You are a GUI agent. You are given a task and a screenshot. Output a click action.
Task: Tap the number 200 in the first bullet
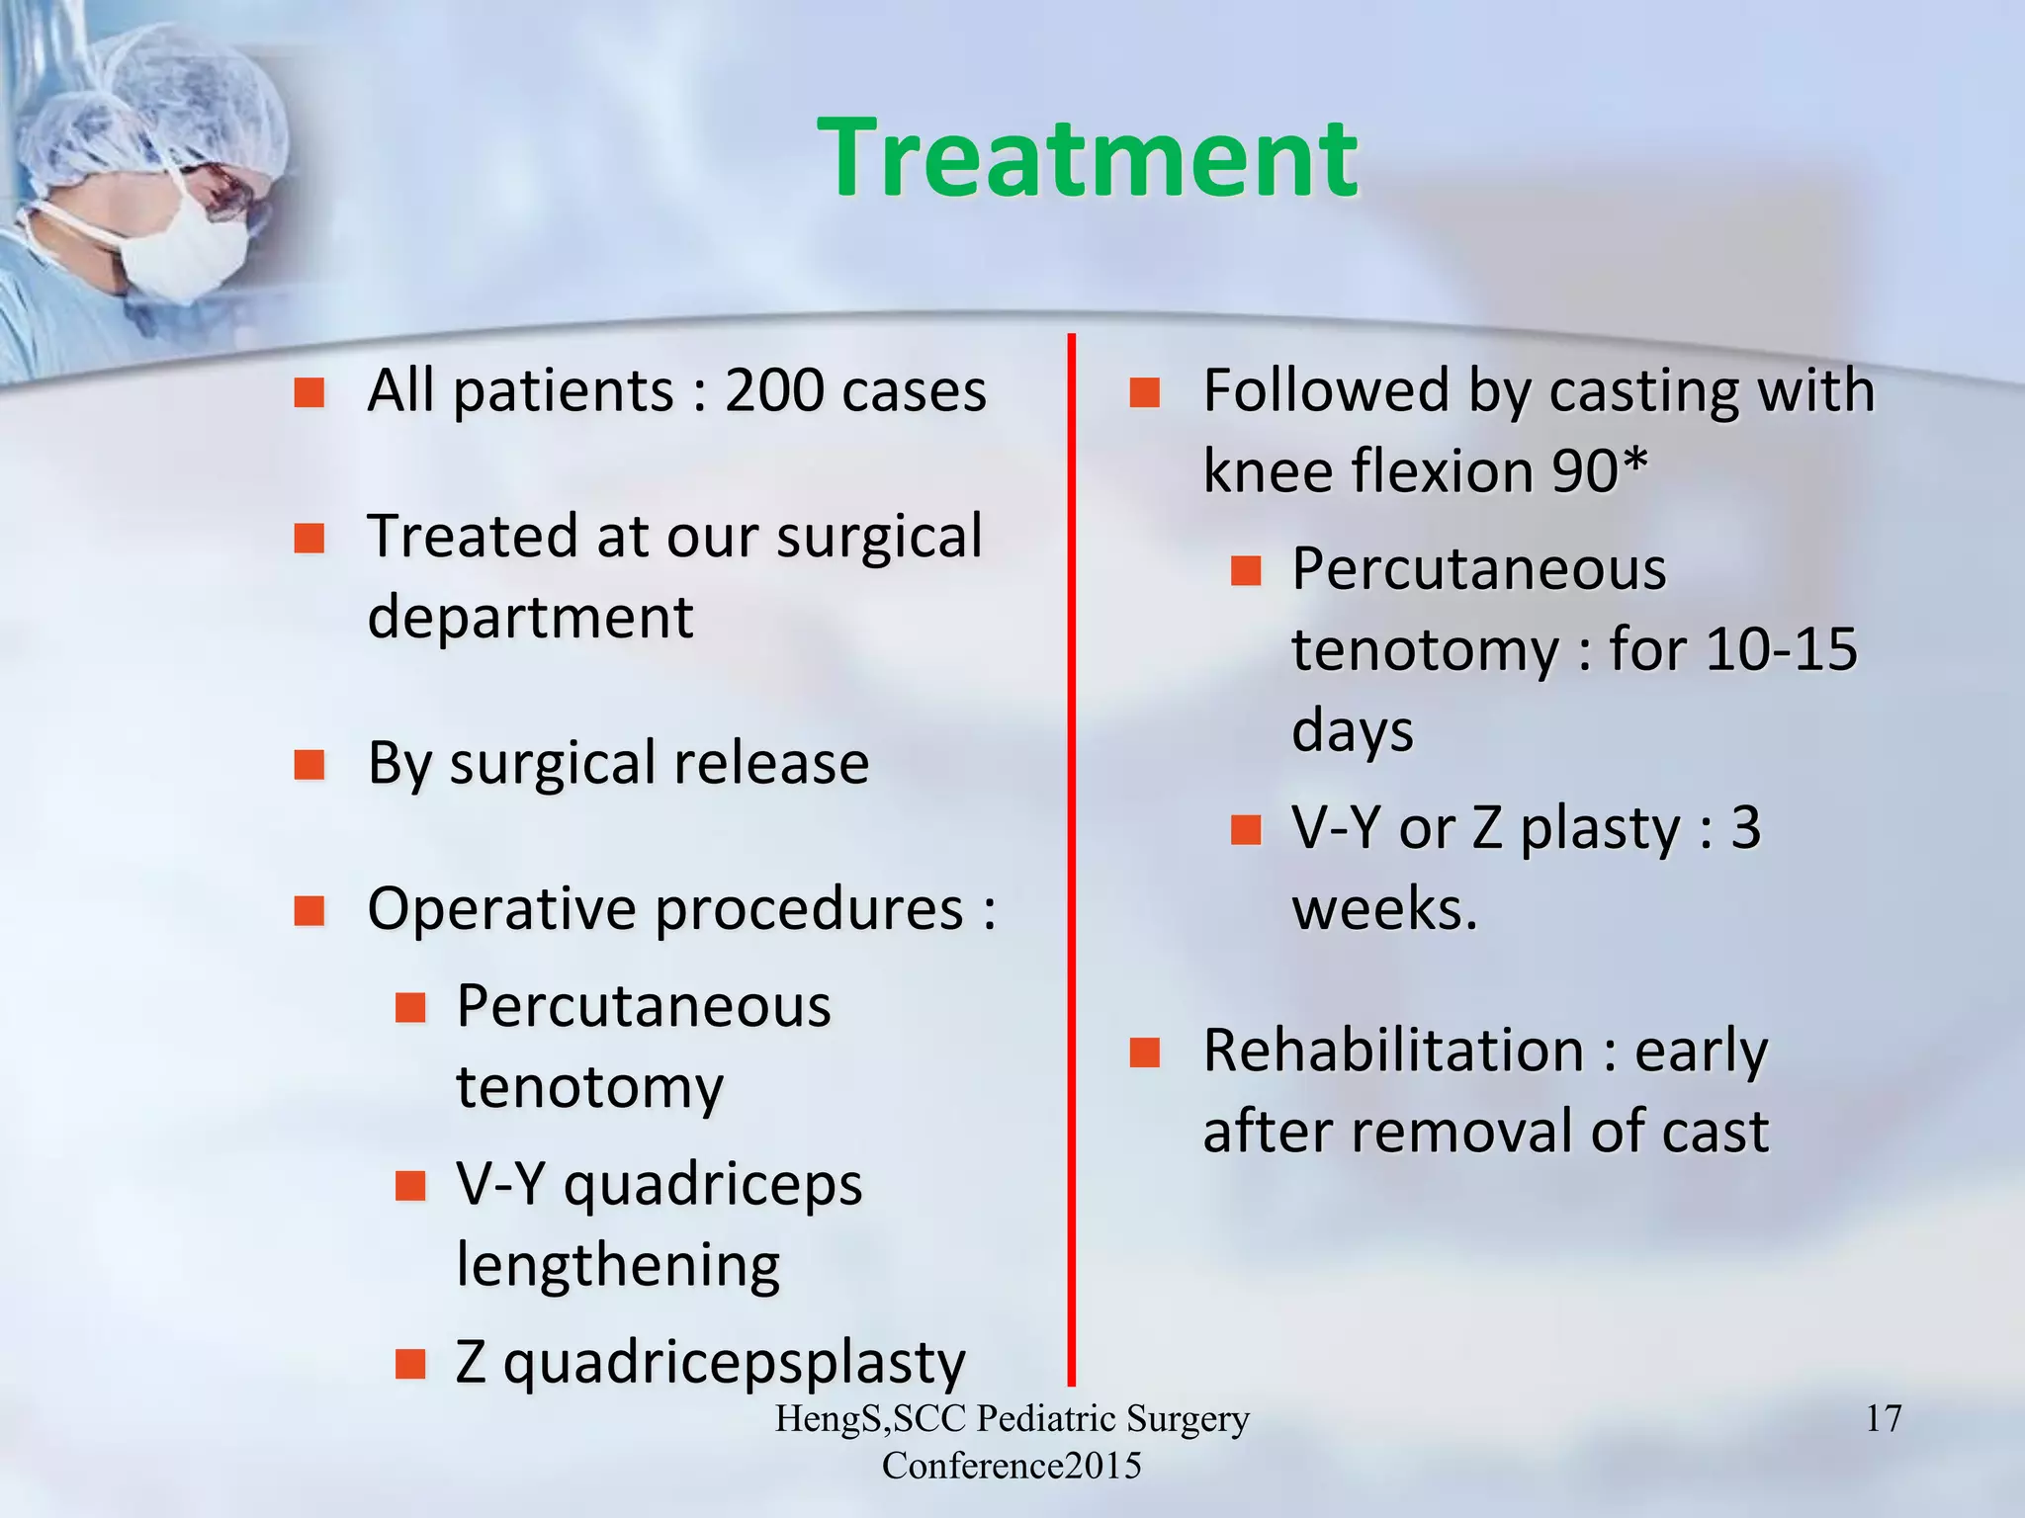click(773, 390)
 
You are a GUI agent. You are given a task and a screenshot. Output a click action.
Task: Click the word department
click(530, 619)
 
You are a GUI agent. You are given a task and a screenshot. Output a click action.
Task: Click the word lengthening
click(618, 1266)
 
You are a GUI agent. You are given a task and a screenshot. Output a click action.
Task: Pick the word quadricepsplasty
click(734, 1363)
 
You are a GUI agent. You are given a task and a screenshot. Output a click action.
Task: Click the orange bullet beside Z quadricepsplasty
click(409, 1364)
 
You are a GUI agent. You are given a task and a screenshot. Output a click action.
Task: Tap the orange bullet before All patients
click(309, 393)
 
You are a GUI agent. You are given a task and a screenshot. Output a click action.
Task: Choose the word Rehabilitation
click(1393, 1052)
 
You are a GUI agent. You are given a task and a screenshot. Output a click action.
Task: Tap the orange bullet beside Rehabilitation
click(1144, 1054)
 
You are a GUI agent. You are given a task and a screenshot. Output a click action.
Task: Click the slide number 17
click(1883, 1419)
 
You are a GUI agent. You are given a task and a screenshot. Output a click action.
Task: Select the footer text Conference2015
click(1012, 1466)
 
